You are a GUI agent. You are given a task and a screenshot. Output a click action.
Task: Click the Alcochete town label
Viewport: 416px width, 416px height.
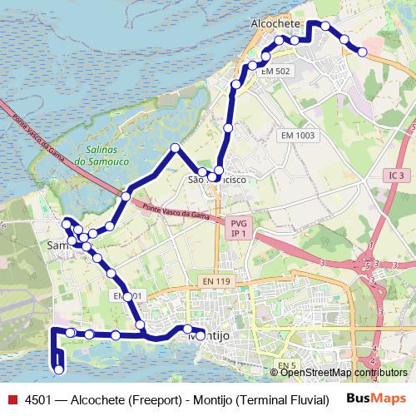[x=275, y=25]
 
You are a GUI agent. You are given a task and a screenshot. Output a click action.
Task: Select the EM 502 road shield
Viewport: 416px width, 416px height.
[x=275, y=72]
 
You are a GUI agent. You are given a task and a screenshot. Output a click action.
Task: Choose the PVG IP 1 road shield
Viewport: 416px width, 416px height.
[x=239, y=228]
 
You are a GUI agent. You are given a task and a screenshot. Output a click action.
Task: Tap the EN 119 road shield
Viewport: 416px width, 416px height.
[x=216, y=282]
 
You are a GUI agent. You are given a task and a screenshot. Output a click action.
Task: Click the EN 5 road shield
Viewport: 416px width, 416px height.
[x=288, y=365]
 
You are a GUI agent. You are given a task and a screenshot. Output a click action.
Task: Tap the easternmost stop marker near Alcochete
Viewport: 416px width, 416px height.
[x=363, y=52]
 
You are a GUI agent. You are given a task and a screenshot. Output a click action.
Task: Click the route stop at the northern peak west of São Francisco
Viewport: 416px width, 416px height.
[x=175, y=148]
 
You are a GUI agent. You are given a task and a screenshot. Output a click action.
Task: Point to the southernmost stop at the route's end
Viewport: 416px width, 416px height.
[x=58, y=369]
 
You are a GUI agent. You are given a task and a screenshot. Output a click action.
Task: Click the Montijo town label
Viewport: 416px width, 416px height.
[x=210, y=335]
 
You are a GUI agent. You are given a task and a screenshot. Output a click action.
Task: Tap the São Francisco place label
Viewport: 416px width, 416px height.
[x=217, y=180]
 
